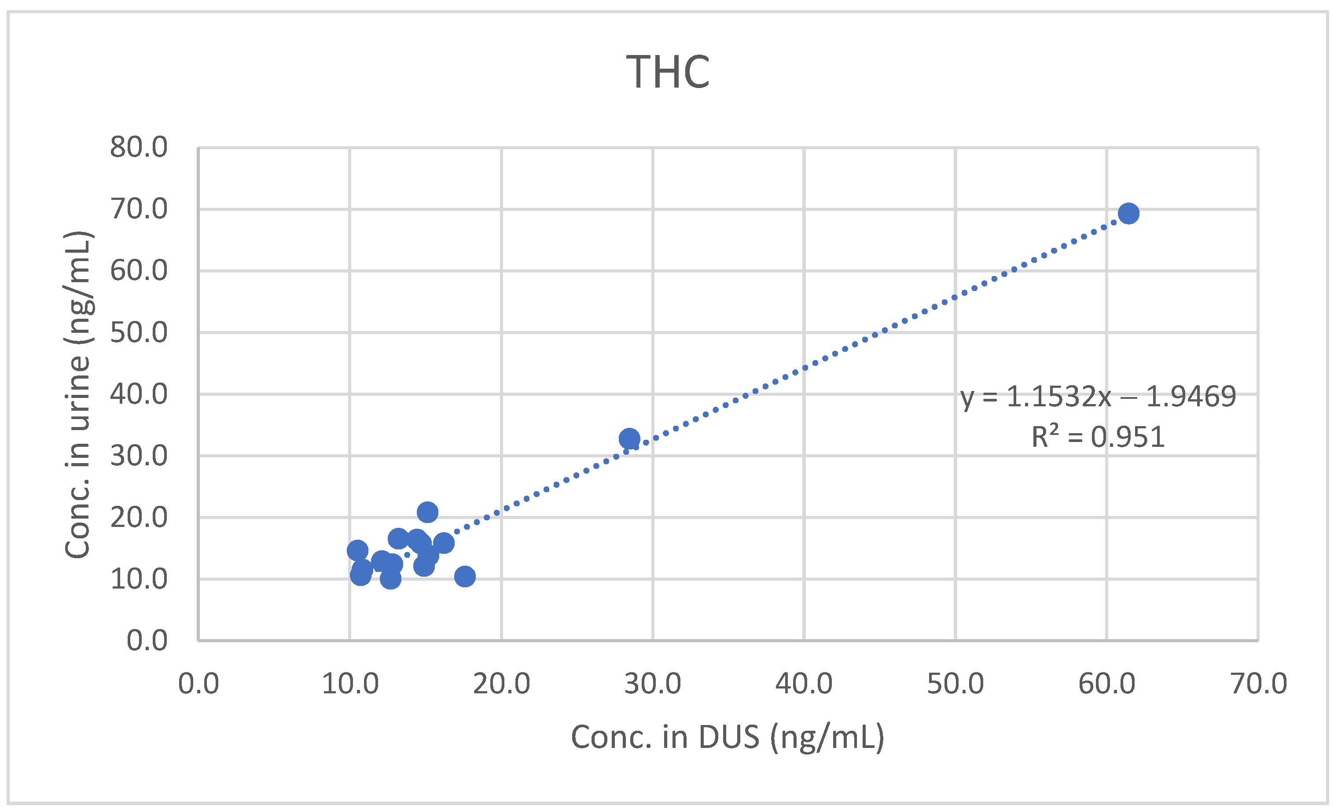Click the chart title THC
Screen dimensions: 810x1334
click(668, 72)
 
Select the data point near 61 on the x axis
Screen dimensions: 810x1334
click(1128, 214)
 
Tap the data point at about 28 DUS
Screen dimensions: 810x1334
click(629, 438)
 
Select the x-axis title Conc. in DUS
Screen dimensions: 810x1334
click(728, 737)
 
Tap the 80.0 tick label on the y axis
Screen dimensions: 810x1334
click(139, 147)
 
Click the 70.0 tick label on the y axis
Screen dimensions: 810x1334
click(139, 209)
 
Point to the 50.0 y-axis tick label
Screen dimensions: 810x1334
click(139, 332)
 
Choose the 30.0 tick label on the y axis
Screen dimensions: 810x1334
click(139, 456)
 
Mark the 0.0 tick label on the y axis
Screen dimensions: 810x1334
click(147, 641)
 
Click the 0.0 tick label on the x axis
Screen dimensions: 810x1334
click(198, 684)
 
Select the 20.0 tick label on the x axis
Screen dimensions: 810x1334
click(501, 684)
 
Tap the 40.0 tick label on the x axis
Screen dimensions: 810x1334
click(804, 684)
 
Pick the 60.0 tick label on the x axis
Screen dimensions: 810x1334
click(1106, 684)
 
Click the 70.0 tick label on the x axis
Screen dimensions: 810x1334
click(1258, 684)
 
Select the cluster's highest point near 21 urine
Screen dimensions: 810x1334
click(428, 512)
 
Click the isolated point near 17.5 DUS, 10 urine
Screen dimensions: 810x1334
click(464, 577)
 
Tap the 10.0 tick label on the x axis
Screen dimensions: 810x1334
click(350, 684)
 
